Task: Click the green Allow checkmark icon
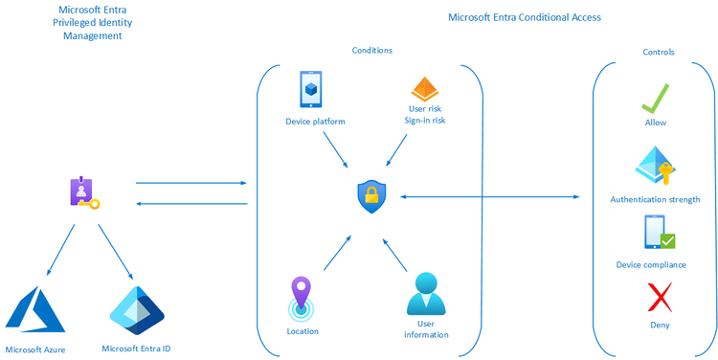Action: [x=655, y=99]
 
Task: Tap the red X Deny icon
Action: [x=657, y=299]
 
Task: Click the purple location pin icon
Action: [x=302, y=298]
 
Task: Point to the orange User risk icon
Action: [x=424, y=90]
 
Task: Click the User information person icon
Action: [x=426, y=295]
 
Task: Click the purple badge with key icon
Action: [x=83, y=194]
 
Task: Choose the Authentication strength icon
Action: [x=656, y=168]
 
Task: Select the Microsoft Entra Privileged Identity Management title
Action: [x=93, y=22]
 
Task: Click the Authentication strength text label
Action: [x=655, y=199]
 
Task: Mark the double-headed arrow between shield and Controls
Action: [x=488, y=196]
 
